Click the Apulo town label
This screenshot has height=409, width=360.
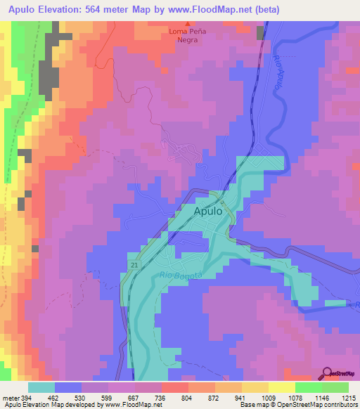tap(209, 211)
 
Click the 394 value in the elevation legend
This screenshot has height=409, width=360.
tap(27, 398)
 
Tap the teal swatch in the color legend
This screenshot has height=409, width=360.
tap(41, 387)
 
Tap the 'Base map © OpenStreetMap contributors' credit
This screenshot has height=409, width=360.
tap(297, 405)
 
